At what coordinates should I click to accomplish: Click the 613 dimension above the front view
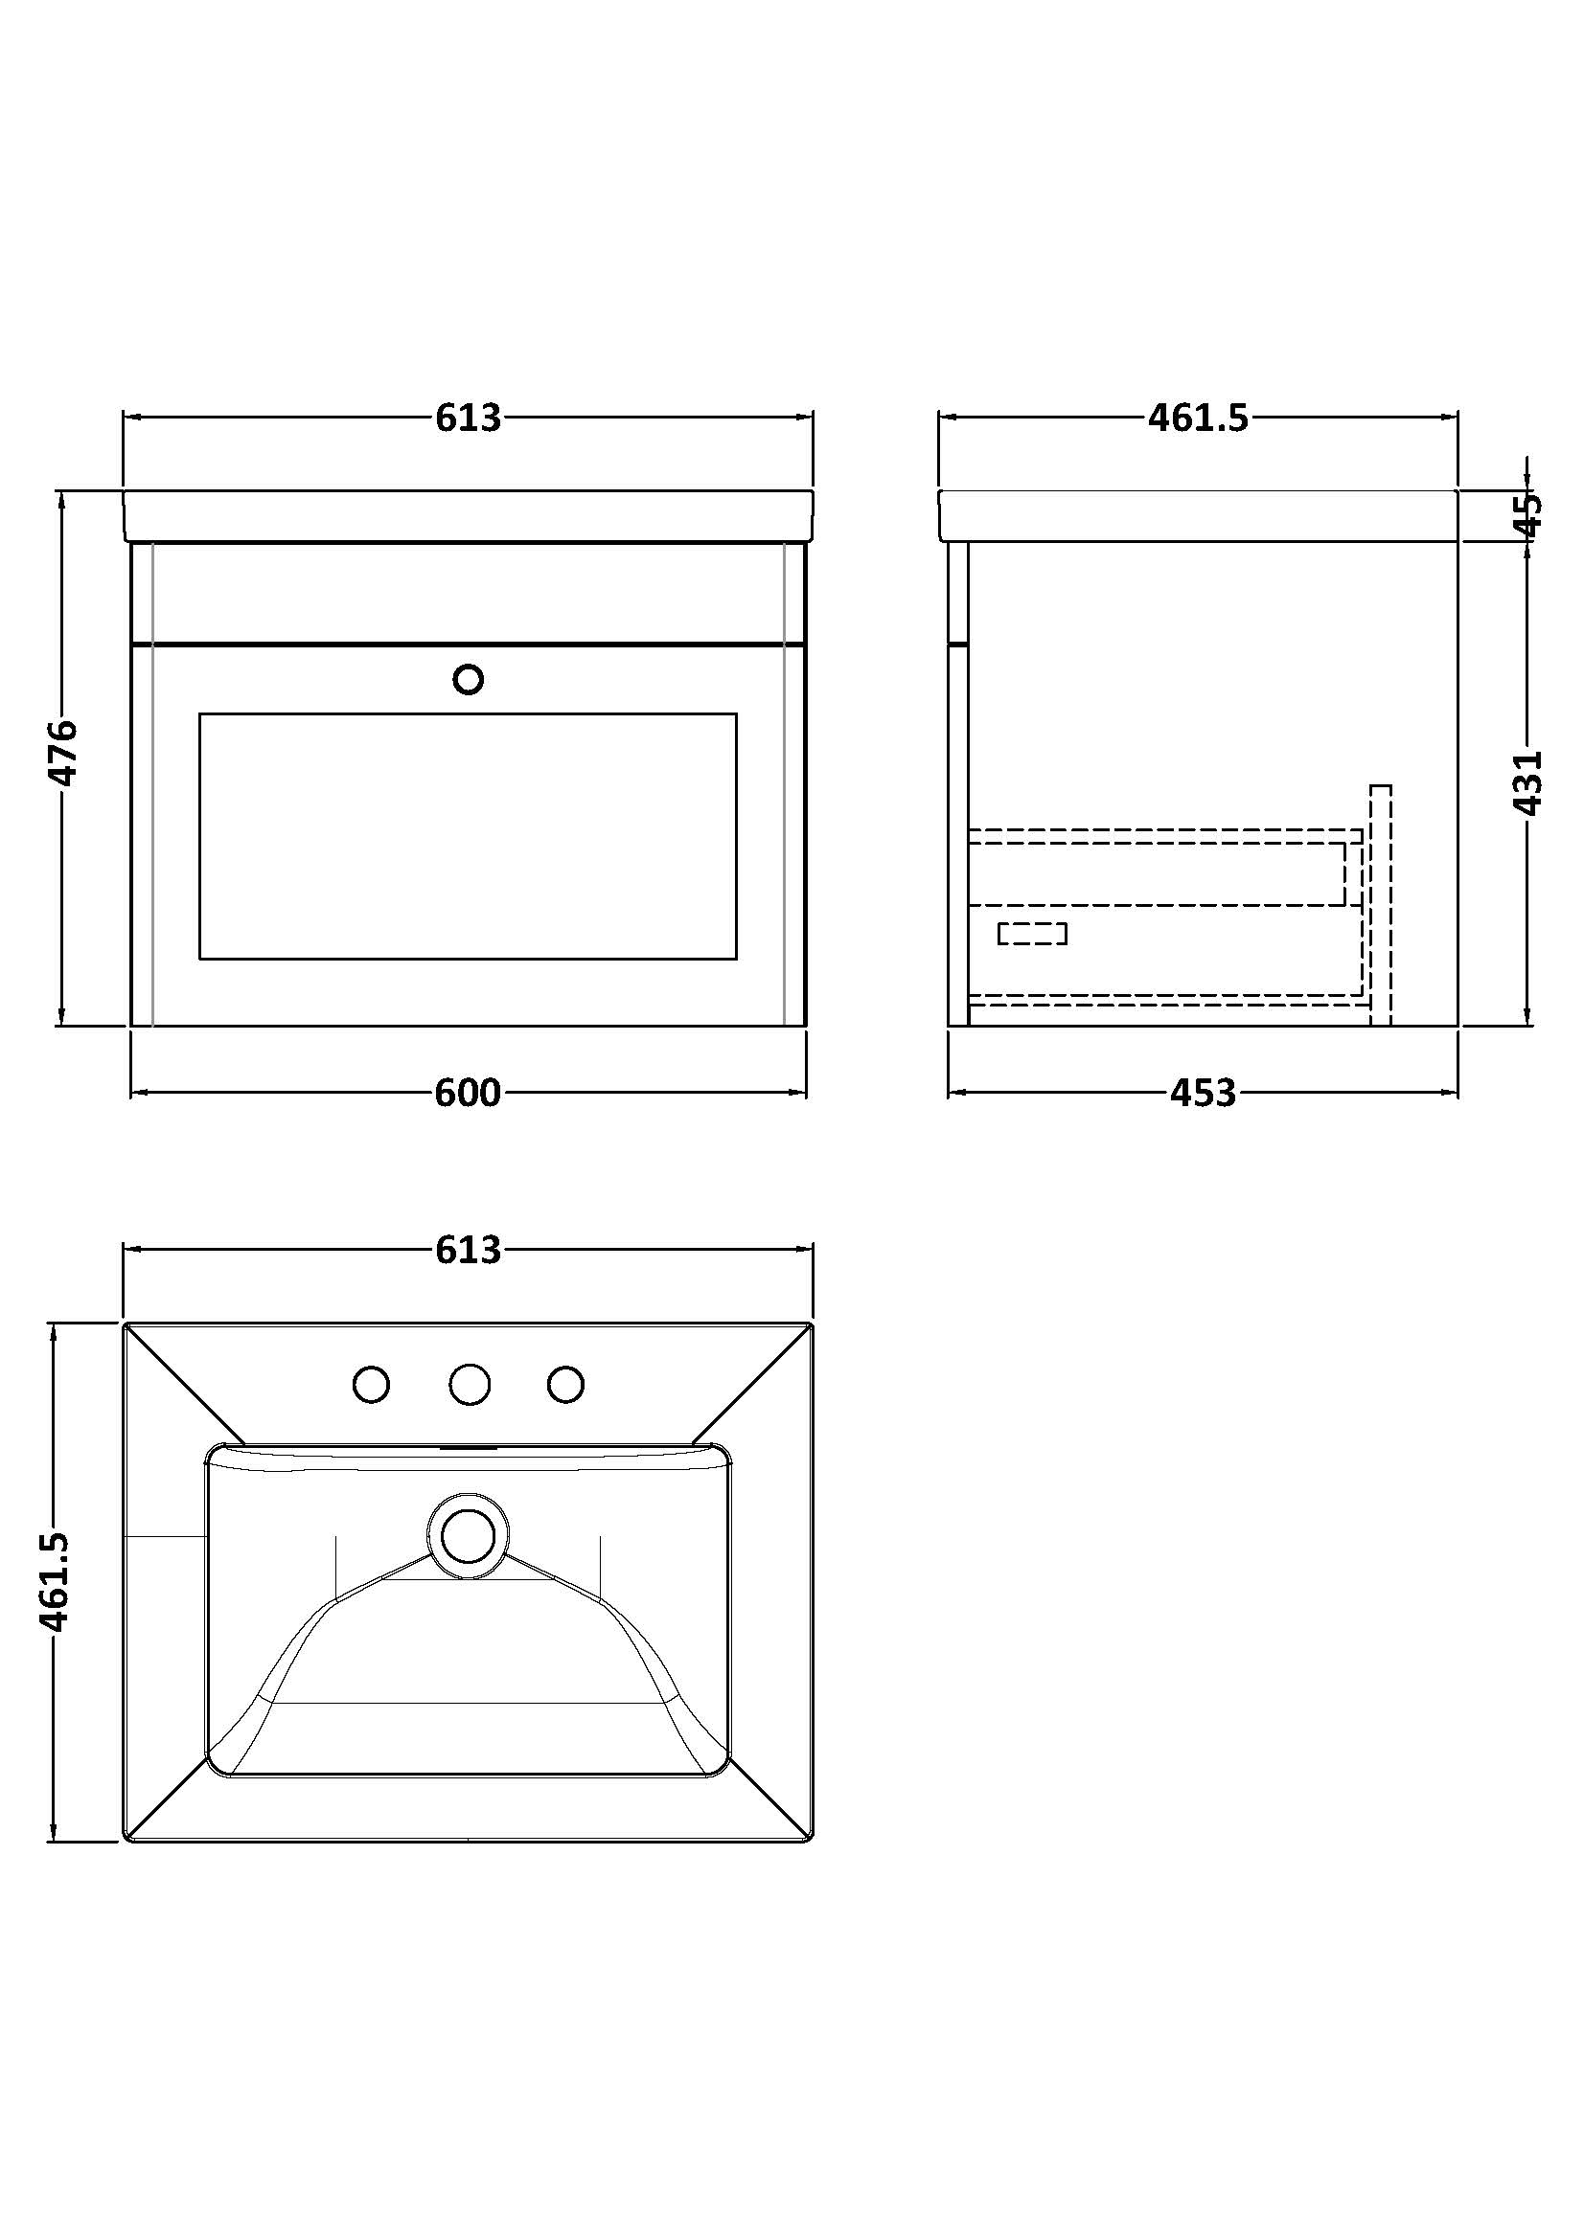point(468,418)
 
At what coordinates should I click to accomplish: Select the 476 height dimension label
point(63,752)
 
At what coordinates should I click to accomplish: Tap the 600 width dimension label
point(468,1093)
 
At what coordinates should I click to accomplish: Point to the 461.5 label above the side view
point(1198,418)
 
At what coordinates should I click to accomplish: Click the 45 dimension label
point(1529,513)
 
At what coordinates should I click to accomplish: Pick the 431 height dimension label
point(1528,782)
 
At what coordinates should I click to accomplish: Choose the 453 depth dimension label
point(1203,1093)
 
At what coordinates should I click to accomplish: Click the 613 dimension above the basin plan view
point(468,1250)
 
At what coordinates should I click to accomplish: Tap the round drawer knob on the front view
point(469,679)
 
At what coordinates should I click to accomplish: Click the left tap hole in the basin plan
point(371,1385)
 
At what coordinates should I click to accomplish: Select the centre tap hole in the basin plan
point(470,1385)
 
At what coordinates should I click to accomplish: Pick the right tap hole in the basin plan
point(566,1385)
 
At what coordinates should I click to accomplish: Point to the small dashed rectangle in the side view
point(1032,934)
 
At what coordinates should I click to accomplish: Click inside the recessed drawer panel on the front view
point(468,836)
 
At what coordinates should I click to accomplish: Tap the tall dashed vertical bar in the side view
point(1380,904)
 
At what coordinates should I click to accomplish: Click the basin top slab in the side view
point(1198,515)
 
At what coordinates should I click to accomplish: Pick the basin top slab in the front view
point(468,515)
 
